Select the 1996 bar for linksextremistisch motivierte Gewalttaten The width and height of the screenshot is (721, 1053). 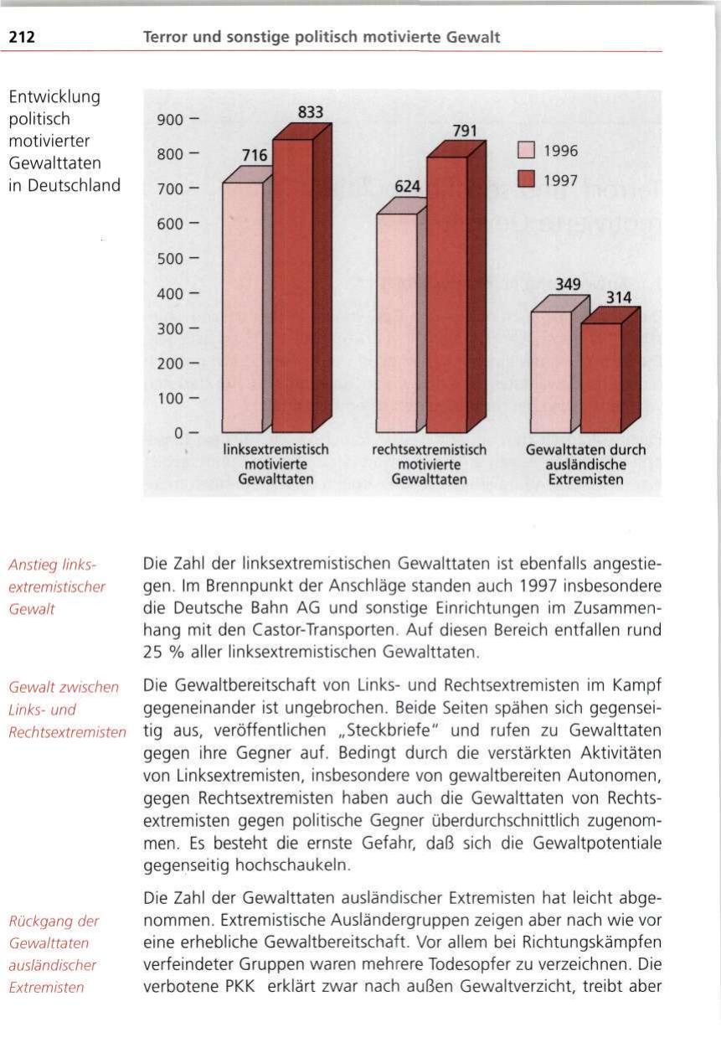pos(242,306)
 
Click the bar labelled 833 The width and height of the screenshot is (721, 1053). pos(293,285)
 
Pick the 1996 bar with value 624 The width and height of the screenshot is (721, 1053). pos(396,322)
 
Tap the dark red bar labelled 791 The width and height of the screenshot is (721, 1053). pos(447,293)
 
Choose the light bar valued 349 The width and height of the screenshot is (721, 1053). pos(551,371)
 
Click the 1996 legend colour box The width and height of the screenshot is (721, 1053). pos(526,152)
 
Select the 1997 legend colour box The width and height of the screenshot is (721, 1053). pos(526,178)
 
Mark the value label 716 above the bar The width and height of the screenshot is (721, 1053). pos(254,156)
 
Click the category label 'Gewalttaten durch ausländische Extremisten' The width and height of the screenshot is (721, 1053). pos(585,465)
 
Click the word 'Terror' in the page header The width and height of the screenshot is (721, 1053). pos(164,37)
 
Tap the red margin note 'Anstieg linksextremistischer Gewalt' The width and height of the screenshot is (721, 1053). pos(57,586)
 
